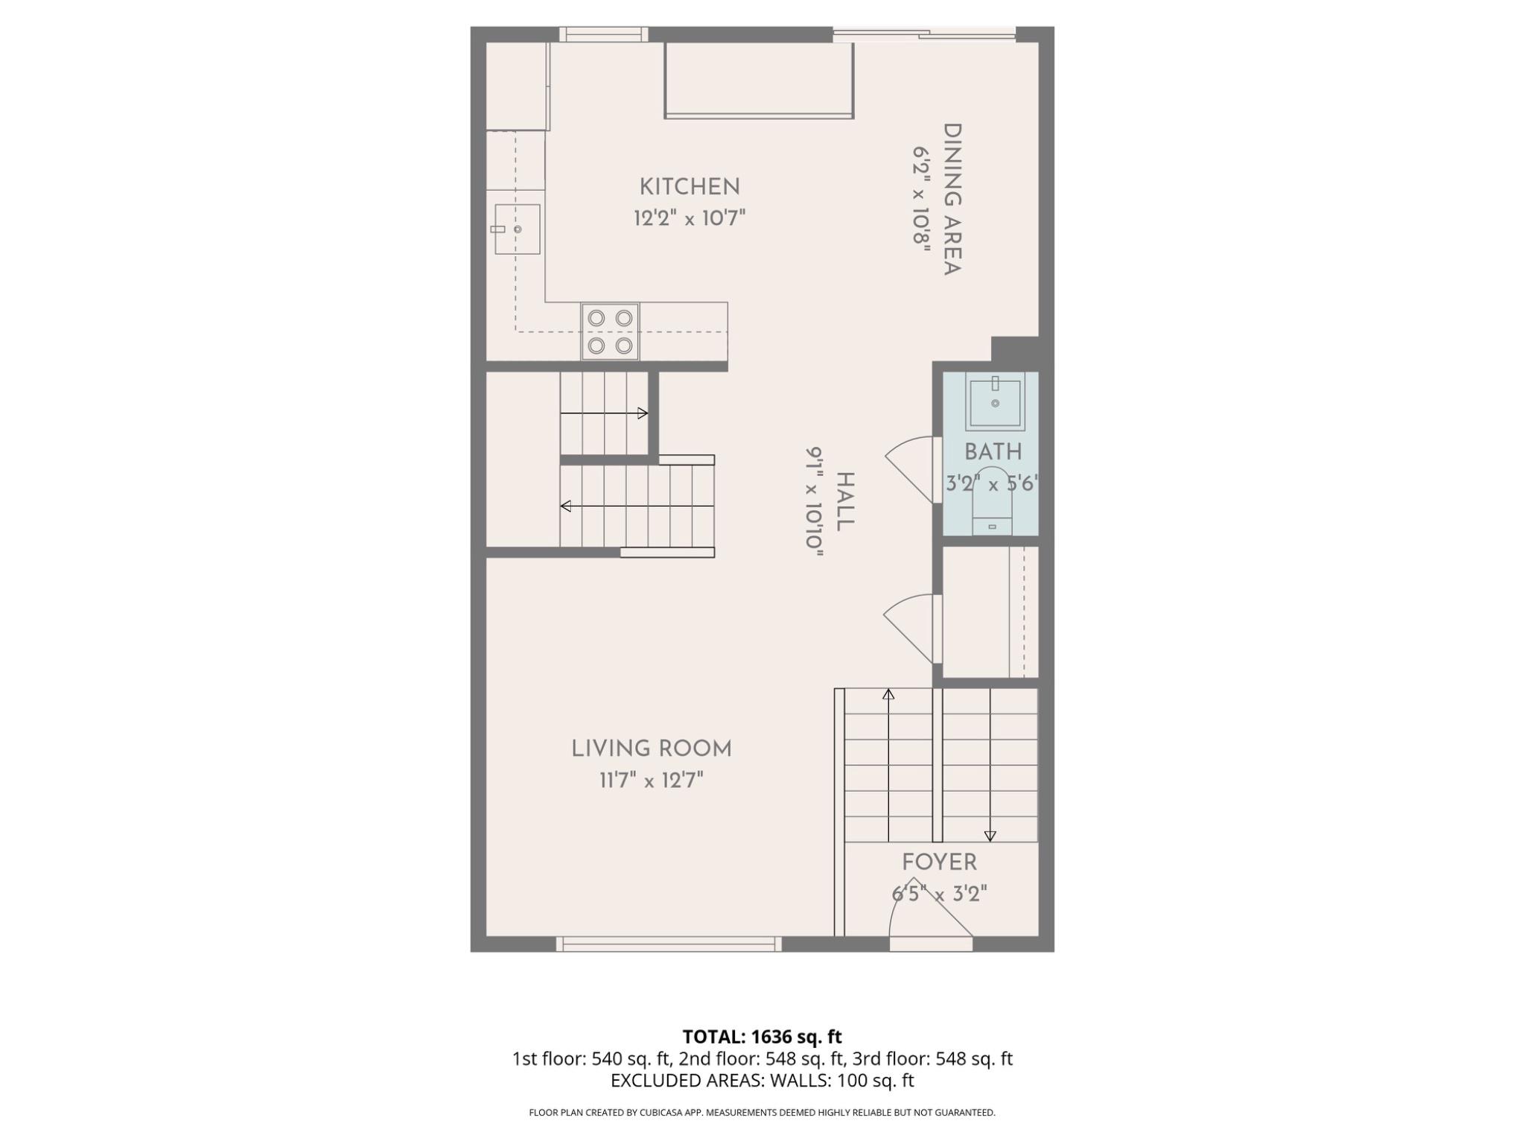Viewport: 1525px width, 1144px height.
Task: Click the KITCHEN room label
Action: (x=690, y=186)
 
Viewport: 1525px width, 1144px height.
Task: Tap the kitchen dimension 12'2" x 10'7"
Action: (x=690, y=218)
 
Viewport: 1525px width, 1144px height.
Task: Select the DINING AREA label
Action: (x=952, y=200)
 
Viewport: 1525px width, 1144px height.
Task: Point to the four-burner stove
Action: (x=610, y=331)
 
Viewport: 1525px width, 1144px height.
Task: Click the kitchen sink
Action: (x=517, y=229)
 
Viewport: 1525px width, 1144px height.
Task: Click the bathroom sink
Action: (x=995, y=402)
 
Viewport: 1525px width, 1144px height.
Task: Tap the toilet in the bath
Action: (x=992, y=500)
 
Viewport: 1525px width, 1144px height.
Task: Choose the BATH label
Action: (x=993, y=452)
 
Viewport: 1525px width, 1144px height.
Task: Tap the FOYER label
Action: (x=939, y=862)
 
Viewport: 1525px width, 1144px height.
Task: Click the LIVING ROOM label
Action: (x=652, y=749)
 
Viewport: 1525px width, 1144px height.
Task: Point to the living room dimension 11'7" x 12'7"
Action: (x=652, y=781)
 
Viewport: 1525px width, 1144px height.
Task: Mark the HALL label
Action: (x=844, y=501)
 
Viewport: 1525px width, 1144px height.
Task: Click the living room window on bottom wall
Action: (x=669, y=944)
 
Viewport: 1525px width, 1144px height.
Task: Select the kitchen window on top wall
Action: (x=603, y=34)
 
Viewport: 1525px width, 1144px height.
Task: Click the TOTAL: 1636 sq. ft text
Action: (x=762, y=1037)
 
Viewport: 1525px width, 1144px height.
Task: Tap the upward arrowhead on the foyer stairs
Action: (x=888, y=694)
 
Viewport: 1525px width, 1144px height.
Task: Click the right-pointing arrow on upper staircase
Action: (x=643, y=413)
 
